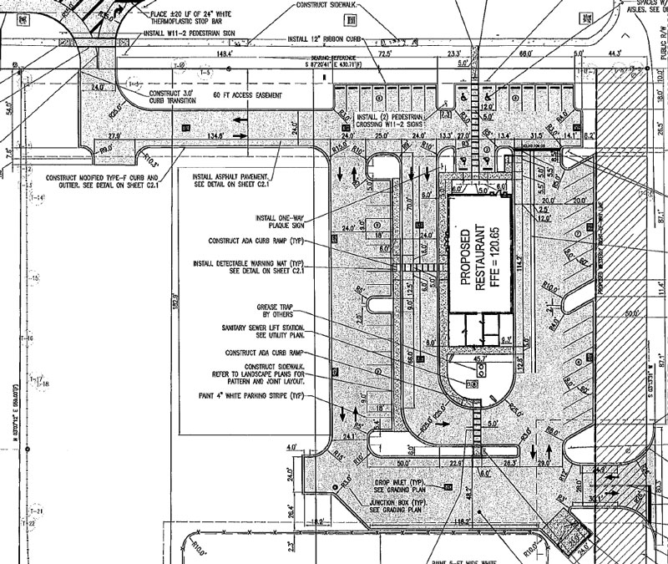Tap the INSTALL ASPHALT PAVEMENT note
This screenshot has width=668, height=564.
pos(232,181)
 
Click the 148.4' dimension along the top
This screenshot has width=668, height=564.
pos(224,54)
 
